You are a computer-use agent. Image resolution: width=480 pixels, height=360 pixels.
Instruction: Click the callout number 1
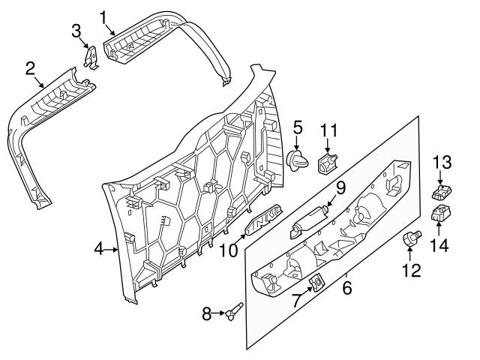pyautogui.click(x=103, y=15)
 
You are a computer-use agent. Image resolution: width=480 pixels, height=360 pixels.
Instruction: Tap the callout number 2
pyautogui.click(x=30, y=69)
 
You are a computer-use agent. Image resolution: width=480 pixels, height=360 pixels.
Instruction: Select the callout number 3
pyautogui.click(x=76, y=31)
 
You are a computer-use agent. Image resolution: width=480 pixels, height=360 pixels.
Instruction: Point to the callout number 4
pyautogui.click(x=98, y=249)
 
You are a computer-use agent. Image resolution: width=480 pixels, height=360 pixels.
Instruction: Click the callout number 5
pyautogui.click(x=298, y=127)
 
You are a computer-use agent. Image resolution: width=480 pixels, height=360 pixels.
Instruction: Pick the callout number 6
pyautogui.click(x=346, y=285)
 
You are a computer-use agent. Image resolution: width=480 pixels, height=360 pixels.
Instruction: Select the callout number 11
pyautogui.click(x=328, y=130)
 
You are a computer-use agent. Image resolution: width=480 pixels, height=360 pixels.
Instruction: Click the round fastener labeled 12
pyautogui.click(x=410, y=240)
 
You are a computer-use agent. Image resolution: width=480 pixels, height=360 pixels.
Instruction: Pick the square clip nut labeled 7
pyautogui.click(x=316, y=282)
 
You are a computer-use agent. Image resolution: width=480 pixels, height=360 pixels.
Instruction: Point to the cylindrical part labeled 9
pyautogui.click(x=308, y=220)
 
